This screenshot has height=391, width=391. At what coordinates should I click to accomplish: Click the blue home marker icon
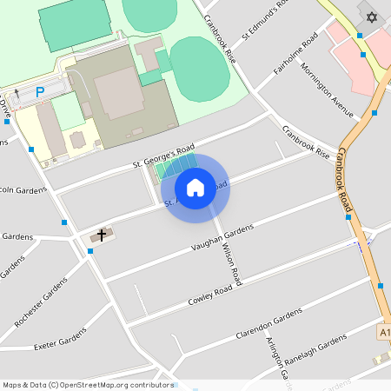(x=195, y=187)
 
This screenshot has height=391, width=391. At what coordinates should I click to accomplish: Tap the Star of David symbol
(x=373, y=17)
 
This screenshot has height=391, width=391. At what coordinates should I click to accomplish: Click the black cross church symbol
(x=102, y=235)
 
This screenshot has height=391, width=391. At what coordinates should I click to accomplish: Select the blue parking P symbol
(x=39, y=91)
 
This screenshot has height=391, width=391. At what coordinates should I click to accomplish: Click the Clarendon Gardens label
(x=268, y=323)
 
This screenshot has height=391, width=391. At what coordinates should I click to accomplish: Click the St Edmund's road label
(x=264, y=20)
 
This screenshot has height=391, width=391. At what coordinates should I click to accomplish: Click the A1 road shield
(x=384, y=332)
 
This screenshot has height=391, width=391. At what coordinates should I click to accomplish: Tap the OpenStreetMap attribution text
(x=88, y=384)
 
